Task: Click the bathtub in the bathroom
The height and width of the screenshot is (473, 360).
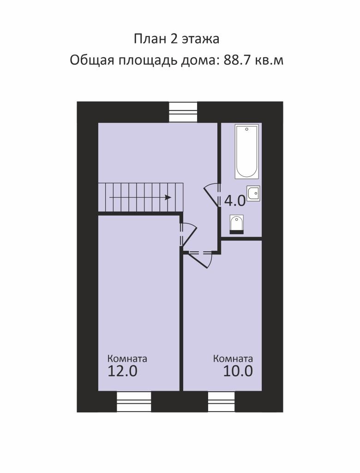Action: click(246, 152)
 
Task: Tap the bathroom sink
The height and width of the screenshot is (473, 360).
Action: click(253, 194)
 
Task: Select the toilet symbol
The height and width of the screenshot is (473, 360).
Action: click(237, 224)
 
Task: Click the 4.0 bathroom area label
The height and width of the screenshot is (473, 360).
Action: click(235, 201)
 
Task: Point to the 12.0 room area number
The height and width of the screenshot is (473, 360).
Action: click(122, 371)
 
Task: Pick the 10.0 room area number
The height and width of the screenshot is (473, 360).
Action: click(238, 371)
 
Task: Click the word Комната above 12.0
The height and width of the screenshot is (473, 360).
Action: click(127, 358)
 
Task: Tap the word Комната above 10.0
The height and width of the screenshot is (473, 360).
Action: click(233, 358)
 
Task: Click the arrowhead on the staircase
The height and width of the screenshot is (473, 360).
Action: click(168, 198)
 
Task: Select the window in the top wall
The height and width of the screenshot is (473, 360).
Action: click(183, 112)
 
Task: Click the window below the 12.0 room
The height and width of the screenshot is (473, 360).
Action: click(133, 402)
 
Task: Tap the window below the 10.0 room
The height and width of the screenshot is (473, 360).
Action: click(221, 402)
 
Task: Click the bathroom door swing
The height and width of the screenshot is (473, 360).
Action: click(212, 194)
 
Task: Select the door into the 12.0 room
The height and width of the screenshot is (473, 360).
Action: click(188, 234)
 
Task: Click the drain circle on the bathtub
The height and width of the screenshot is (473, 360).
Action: click(246, 129)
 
